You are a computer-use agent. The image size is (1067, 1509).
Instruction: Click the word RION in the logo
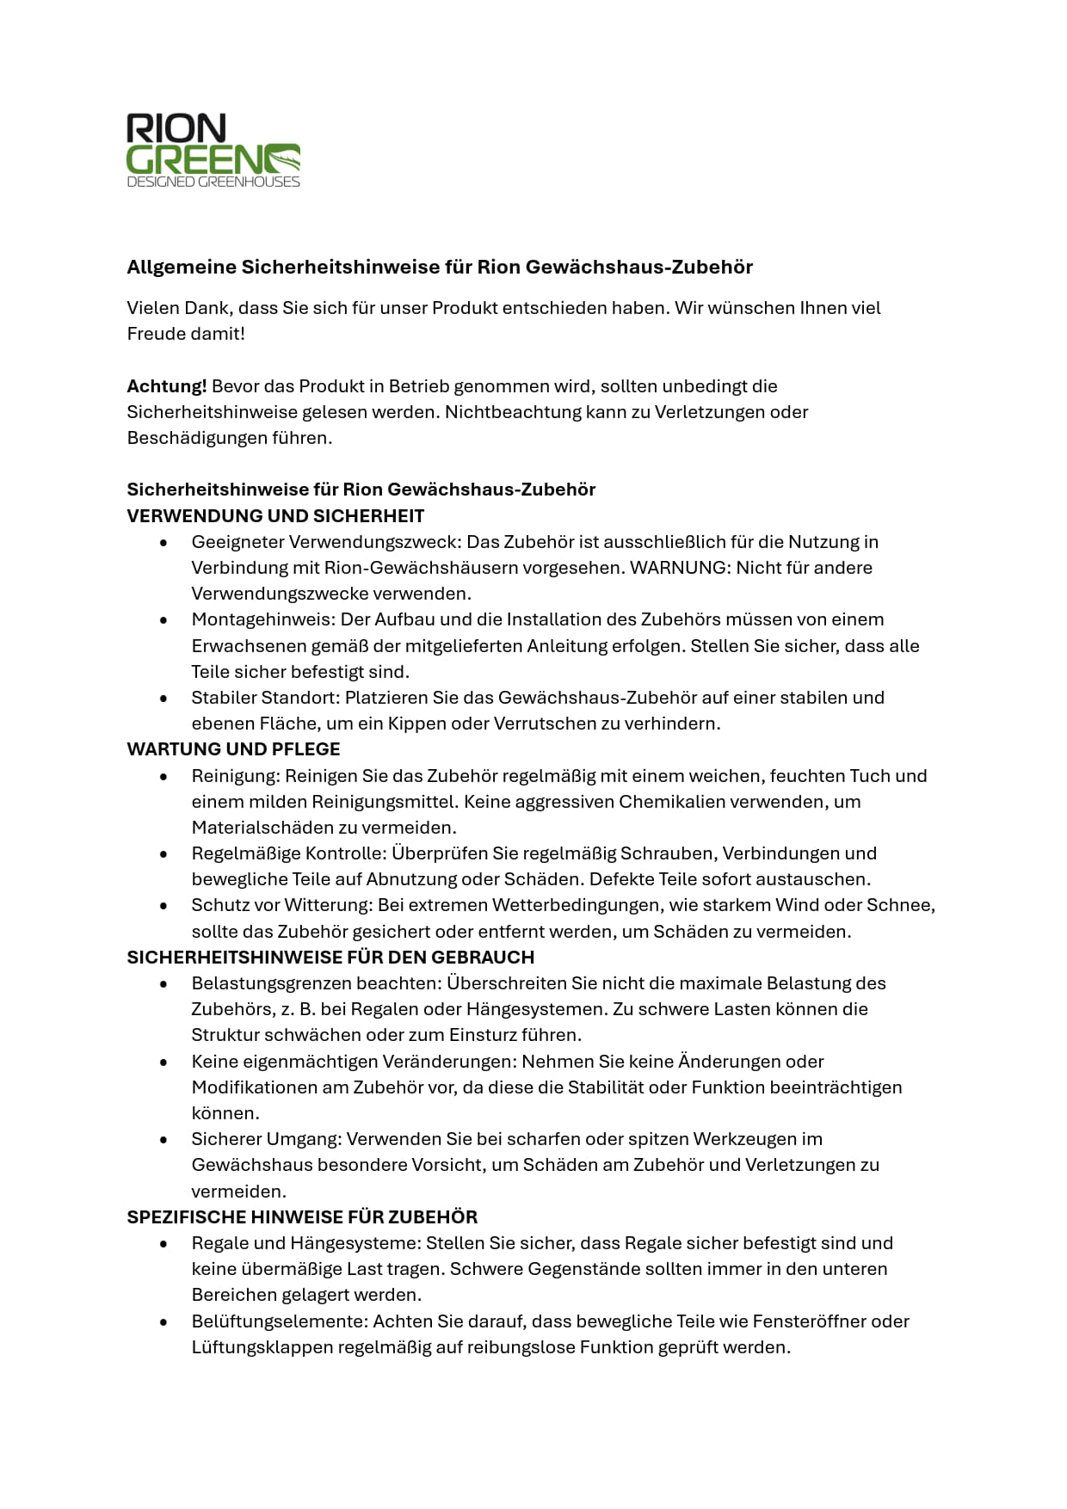(x=176, y=129)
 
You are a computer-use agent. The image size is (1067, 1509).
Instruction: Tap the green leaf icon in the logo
(x=281, y=158)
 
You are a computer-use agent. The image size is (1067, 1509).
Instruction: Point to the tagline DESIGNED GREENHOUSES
(x=213, y=182)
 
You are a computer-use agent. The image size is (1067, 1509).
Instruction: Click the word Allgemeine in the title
(x=182, y=267)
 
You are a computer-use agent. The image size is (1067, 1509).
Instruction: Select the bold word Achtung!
(x=167, y=386)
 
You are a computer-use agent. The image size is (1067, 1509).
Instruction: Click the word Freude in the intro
(x=154, y=334)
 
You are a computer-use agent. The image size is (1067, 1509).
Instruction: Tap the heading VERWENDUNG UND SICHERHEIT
(x=275, y=516)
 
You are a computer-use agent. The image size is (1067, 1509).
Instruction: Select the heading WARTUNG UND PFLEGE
(x=233, y=749)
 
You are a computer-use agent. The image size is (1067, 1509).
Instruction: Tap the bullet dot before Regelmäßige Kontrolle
(x=163, y=854)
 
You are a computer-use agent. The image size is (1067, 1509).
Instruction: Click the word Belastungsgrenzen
(x=273, y=983)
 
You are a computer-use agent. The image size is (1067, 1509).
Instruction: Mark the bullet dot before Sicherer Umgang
(x=163, y=1140)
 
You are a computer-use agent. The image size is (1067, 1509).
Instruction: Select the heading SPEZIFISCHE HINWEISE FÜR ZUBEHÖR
(x=302, y=1217)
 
